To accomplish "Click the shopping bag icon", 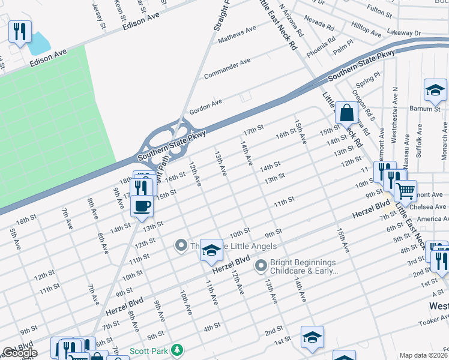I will (x=347, y=112).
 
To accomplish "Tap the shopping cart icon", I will (x=406, y=191).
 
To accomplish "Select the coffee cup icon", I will (x=142, y=206).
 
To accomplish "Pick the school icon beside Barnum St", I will (x=435, y=90).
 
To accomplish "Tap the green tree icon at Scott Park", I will (x=176, y=349).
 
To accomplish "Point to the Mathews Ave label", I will (x=237, y=34).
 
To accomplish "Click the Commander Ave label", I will (x=228, y=69).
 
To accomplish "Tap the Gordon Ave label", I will (x=206, y=107).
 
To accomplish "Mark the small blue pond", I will (x=38, y=43).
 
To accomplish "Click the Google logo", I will (x=20, y=353).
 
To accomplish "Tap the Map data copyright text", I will (x=423, y=355).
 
